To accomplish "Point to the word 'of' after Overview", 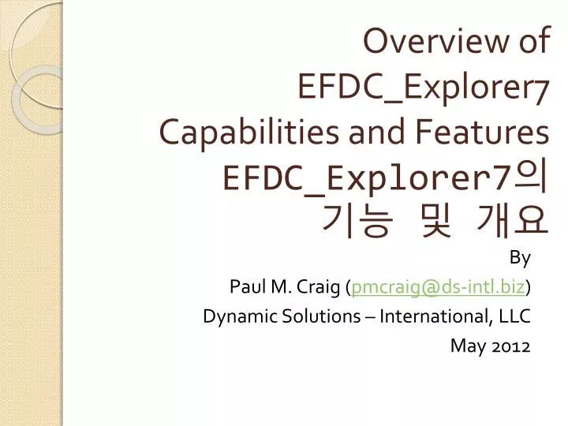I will pos(531,42).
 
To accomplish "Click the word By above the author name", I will pos(521,258).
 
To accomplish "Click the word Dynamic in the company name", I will pos(231,316).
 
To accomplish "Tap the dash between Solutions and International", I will pos(368,316).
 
